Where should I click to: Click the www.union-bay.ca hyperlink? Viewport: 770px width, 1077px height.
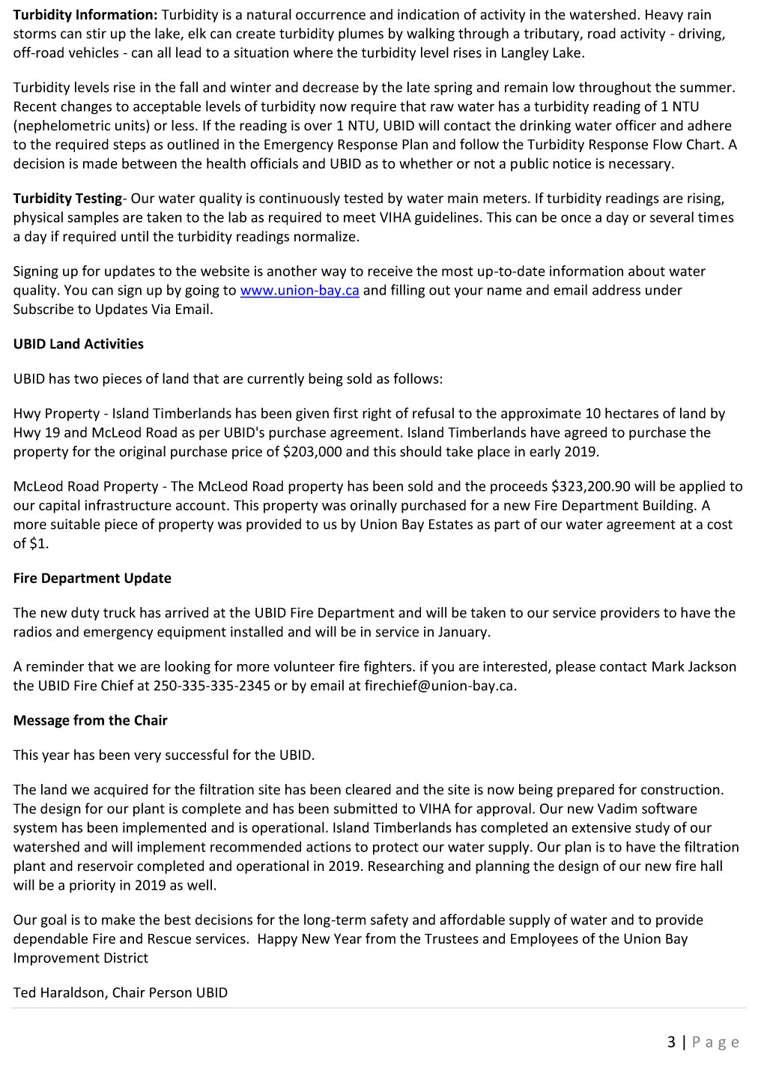tap(300, 290)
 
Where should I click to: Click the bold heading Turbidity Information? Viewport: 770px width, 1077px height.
tap(85, 14)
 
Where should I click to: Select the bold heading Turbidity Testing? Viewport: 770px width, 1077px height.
tap(67, 199)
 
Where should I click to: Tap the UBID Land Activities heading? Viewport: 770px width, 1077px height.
tap(78, 344)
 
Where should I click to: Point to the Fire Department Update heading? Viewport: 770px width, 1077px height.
tap(92, 578)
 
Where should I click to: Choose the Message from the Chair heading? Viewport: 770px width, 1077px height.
tap(90, 720)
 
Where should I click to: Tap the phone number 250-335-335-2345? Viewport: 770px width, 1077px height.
tap(212, 686)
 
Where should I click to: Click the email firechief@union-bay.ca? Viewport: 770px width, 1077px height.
tap(440, 686)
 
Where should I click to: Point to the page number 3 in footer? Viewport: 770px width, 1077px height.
tap(671, 1042)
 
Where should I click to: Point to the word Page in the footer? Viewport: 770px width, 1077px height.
tap(715, 1042)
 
